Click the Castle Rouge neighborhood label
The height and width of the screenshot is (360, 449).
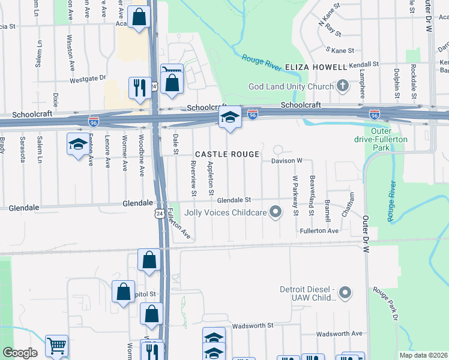click(227, 154)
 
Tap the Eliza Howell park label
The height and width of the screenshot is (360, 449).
click(316, 67)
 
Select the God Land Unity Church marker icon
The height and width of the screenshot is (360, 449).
click(342, 86)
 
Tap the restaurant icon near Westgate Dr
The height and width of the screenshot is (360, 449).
click(139, 87)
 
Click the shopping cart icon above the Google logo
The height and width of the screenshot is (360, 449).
click(56, 345)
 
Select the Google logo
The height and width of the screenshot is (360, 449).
click(20, 353)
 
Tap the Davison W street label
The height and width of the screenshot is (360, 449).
click(287, 161)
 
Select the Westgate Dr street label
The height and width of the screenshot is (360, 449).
click(88, 79)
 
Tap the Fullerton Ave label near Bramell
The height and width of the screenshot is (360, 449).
click(319, 230)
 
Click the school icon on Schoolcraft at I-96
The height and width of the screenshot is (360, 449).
click(229, 118)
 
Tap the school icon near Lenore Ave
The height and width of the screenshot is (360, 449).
click(77, 144)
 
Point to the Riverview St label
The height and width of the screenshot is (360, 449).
click(194, 179)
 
